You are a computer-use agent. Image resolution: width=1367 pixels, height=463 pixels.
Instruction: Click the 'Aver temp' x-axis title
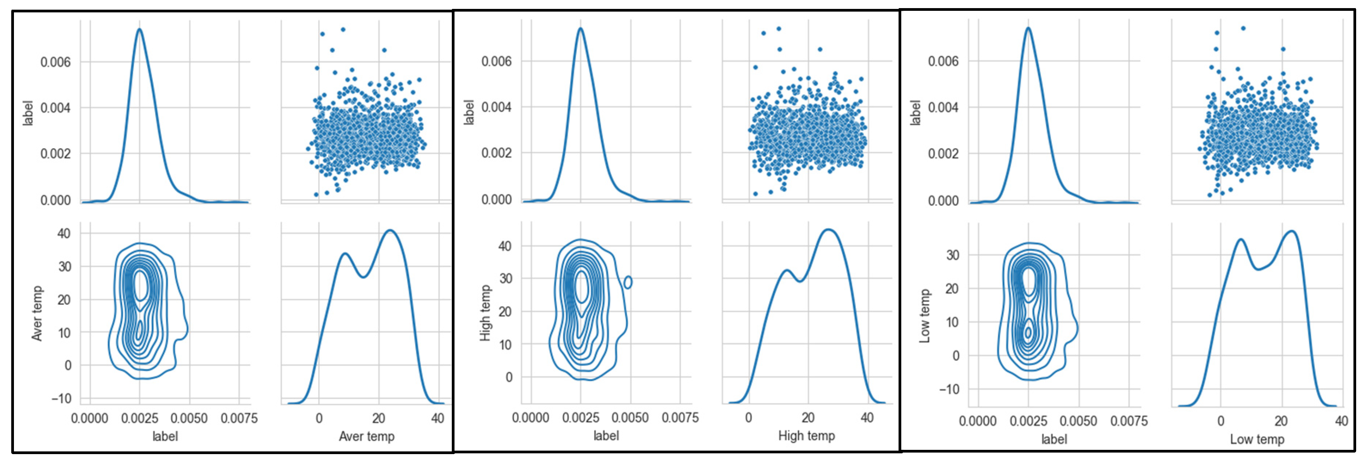[366, 436]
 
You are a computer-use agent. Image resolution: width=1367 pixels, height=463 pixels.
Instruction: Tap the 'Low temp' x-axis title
[1257, 439]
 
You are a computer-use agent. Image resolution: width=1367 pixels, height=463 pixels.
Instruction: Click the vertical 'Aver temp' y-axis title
[37, 313]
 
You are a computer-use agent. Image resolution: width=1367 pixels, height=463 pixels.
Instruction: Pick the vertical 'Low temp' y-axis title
[924, 316]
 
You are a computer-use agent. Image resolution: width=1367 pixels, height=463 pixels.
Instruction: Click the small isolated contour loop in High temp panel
[628, 282]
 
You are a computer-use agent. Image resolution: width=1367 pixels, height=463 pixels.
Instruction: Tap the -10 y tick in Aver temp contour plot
[61, 399]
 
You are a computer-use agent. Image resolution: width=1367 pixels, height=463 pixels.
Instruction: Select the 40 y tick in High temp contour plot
[505, 246]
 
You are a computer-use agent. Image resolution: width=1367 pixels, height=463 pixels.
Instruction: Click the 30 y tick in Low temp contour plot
[952, 255]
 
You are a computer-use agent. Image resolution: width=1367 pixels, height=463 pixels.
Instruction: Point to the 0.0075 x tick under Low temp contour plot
[1129, 421]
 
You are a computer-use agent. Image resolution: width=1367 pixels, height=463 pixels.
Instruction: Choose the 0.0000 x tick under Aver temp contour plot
[90, 419]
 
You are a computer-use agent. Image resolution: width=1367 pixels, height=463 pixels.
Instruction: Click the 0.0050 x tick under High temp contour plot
[630, 418]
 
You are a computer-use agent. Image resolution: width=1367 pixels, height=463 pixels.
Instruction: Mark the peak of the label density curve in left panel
[140, 29]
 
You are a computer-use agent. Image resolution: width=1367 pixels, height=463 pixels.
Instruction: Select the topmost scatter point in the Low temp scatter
[1243, 28]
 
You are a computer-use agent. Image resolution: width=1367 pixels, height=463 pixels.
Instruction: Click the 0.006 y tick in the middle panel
[496, 62]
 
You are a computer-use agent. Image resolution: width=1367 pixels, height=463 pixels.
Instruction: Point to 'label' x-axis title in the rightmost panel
[1053, 439]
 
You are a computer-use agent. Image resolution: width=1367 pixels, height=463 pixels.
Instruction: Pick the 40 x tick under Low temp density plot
[1341, 421]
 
